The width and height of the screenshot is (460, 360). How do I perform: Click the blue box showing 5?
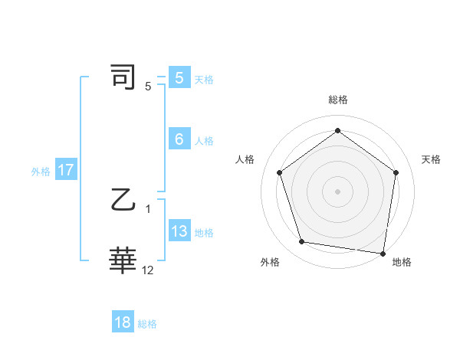(179, 78)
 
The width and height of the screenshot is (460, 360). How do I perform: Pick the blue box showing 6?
(179, 139)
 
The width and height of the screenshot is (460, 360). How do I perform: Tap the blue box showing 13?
(179, 231)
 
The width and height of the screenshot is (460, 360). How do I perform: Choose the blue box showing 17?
(66, 170)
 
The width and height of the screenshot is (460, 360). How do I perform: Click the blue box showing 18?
(123, 322)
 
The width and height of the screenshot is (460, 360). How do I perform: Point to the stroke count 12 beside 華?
(148, 270)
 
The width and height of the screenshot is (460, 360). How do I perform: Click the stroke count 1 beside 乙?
(148, 208)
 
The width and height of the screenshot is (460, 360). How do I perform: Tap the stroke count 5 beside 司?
(148, 86)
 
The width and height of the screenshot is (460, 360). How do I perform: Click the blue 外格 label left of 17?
(41, 172)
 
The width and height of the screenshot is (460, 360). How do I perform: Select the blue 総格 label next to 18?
(147, 324)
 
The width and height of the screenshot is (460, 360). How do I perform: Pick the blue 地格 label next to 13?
(204, 233)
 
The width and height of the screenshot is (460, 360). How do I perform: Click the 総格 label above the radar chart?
(337, 100)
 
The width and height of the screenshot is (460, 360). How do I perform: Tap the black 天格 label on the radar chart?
(431, 159)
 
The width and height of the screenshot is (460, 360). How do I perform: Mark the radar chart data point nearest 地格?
(383, 252)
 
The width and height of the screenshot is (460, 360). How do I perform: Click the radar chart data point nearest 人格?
(279, 172)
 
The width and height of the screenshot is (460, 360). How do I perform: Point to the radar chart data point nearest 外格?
(302, 242)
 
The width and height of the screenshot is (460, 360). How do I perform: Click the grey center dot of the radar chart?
(337, 191)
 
